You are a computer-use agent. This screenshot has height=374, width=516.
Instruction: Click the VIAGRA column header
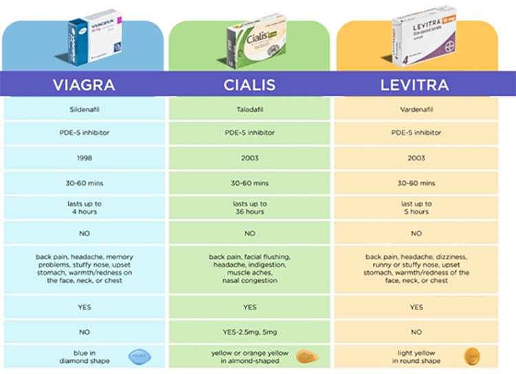click(84, 85)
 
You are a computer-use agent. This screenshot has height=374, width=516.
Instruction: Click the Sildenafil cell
click(84, 109)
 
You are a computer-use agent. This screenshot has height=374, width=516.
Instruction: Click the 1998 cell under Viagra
click(84, 158)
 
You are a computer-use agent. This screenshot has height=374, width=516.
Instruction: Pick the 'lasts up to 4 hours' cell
click(84, 208)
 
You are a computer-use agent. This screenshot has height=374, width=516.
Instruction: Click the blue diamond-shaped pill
click(139, 355)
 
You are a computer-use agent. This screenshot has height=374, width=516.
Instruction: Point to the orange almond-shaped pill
click(306, 356)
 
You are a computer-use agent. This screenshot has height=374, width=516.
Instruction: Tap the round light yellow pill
click(472, 356)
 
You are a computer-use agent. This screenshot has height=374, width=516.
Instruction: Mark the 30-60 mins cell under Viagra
click(84, 183)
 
